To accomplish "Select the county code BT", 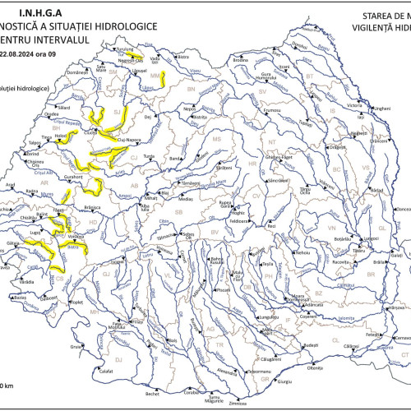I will coord(310,76).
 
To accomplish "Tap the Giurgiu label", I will coord(284,381).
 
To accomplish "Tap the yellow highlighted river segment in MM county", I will coord(164,78).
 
